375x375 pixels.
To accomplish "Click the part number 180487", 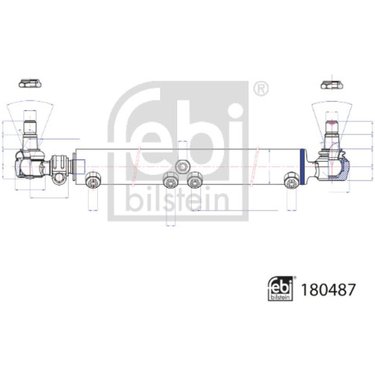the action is coord(328,290).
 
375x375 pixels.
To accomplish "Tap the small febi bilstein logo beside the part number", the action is coord(281,288).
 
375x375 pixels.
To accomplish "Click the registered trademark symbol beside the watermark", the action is coord(261,88).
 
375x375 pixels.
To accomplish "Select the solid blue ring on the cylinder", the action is coord(302,167).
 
